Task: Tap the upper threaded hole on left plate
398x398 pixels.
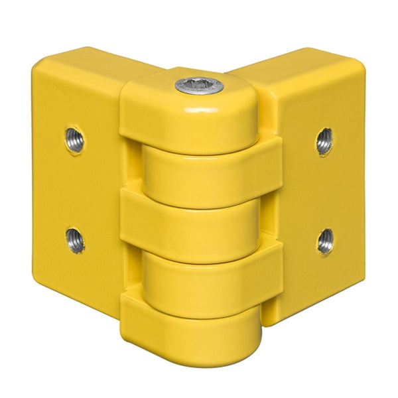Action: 74,140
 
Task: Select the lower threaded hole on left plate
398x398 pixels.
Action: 75,239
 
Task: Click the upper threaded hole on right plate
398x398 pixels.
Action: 324,141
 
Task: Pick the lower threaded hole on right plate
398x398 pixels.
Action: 325,240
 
